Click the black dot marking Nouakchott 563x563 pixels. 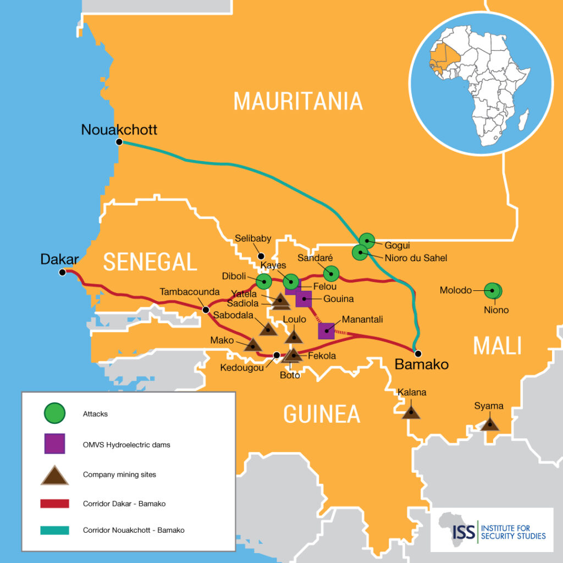pos(119,142)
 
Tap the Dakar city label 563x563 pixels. pos(60,259)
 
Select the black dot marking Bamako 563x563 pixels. pos(418,353)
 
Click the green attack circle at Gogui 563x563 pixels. pos(367,240)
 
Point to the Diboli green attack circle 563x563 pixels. pos(264,281)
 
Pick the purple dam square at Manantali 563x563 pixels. pos(327,331)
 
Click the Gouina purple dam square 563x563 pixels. pos(303,299)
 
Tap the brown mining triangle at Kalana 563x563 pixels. pos(411,412)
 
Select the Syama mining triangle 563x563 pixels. pos(489,424)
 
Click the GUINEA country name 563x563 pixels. pos(322,413)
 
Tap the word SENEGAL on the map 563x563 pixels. pos(150,262)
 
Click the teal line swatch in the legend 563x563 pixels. pos(54,531)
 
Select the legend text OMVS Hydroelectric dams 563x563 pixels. pos(126,445)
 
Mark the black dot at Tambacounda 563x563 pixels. pos(206,310)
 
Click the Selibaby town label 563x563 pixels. pos(253,239)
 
